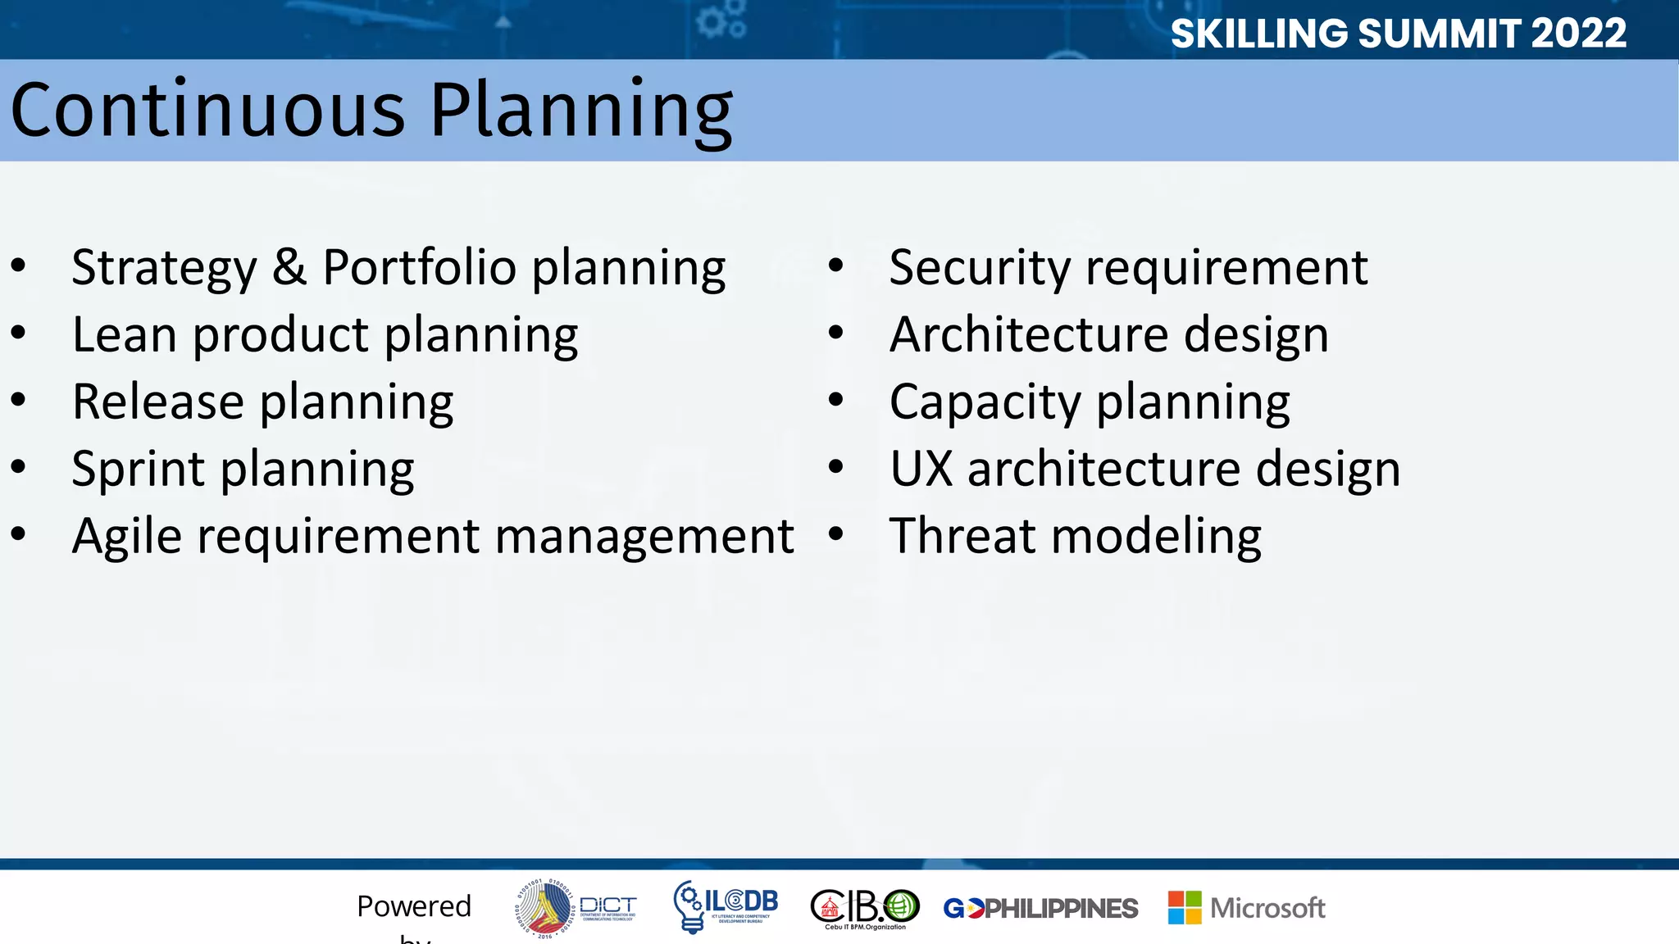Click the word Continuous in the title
point(208,111)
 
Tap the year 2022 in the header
point(1578,34)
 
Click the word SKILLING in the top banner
point(1258,34)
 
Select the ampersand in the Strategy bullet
point(289,267)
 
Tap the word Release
point(157,402)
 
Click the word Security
point(979,267)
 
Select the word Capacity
point(985,403)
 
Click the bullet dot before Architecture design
point(835,333)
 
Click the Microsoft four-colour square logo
point(1185,908)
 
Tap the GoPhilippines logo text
point(1040,909)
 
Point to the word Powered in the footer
point(414,906)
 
